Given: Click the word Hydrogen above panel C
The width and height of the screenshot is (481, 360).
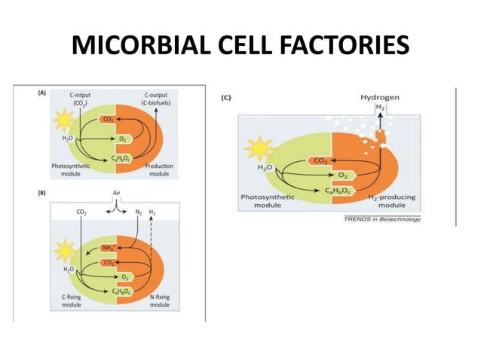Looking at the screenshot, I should click(381, 97).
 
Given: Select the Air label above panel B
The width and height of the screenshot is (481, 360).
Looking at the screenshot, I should click(116, 193).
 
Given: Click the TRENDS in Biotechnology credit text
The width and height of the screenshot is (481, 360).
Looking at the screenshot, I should click(382, 219).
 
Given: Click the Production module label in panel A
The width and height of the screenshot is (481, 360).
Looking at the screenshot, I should click(158, 169).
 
